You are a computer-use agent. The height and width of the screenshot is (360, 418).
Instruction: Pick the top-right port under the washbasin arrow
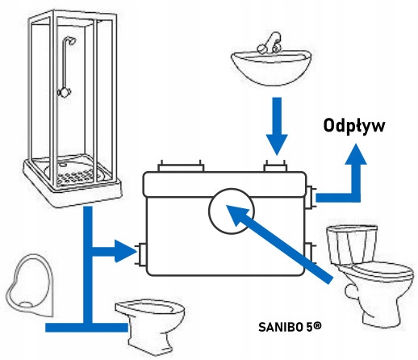277,166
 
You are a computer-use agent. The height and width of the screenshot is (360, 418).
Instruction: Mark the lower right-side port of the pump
312,253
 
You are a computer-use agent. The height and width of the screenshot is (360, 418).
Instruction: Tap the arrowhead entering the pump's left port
125,253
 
